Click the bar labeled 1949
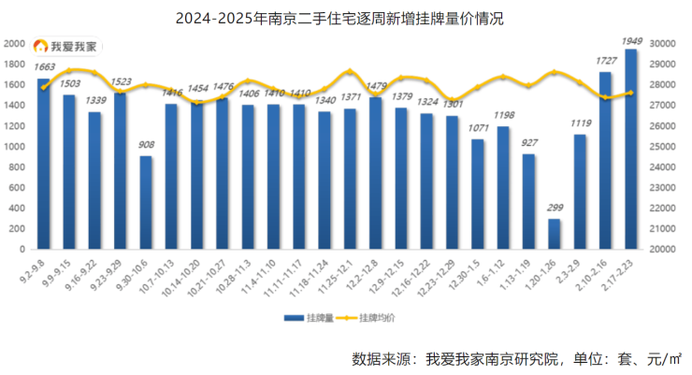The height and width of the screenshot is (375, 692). coord(631,150)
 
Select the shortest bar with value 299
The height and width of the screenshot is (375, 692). coord(555,235)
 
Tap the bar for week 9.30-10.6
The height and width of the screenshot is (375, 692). coord(146,203)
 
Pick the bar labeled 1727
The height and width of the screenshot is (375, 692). coord(605,161)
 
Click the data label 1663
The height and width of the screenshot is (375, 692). coord(44,67)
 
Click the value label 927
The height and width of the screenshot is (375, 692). coord(529,142)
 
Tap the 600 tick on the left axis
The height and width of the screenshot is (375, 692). coord(16,188)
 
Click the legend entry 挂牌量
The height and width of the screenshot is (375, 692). coord(314,318)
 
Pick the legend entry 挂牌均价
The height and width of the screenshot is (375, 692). coord(374,318)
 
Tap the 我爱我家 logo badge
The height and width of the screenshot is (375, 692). coord(65,45)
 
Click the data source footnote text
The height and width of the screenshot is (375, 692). coord(516,358)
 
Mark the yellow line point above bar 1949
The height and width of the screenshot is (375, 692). coord(631,93)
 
